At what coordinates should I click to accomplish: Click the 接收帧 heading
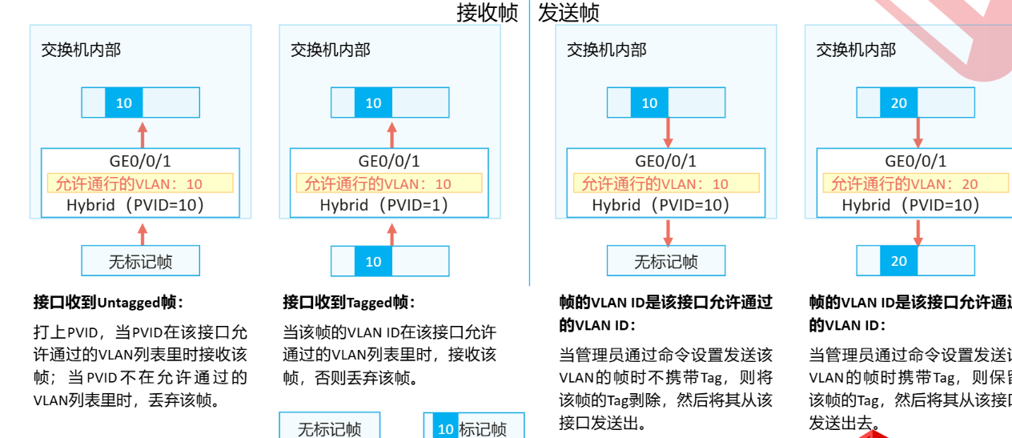point(488,12)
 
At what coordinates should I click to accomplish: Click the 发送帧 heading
point(569,12)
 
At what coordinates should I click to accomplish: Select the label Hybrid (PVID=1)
point(384,205)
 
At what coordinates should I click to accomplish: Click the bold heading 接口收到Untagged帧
point(108,302)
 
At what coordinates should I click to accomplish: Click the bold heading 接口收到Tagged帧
point(349,302)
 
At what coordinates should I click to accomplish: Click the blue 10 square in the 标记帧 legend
point(445,428)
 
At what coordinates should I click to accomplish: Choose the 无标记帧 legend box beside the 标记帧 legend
point(329,428)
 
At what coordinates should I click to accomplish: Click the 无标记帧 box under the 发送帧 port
point(665,262)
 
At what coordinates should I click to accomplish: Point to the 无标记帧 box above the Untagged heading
point(140,262)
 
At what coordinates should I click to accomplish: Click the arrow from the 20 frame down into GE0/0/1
point(918,132)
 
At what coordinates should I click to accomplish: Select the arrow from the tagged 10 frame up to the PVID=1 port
point(392,233)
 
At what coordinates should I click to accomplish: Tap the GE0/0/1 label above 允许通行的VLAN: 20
point(915,162)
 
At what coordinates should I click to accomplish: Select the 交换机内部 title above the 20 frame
point(855,50)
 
